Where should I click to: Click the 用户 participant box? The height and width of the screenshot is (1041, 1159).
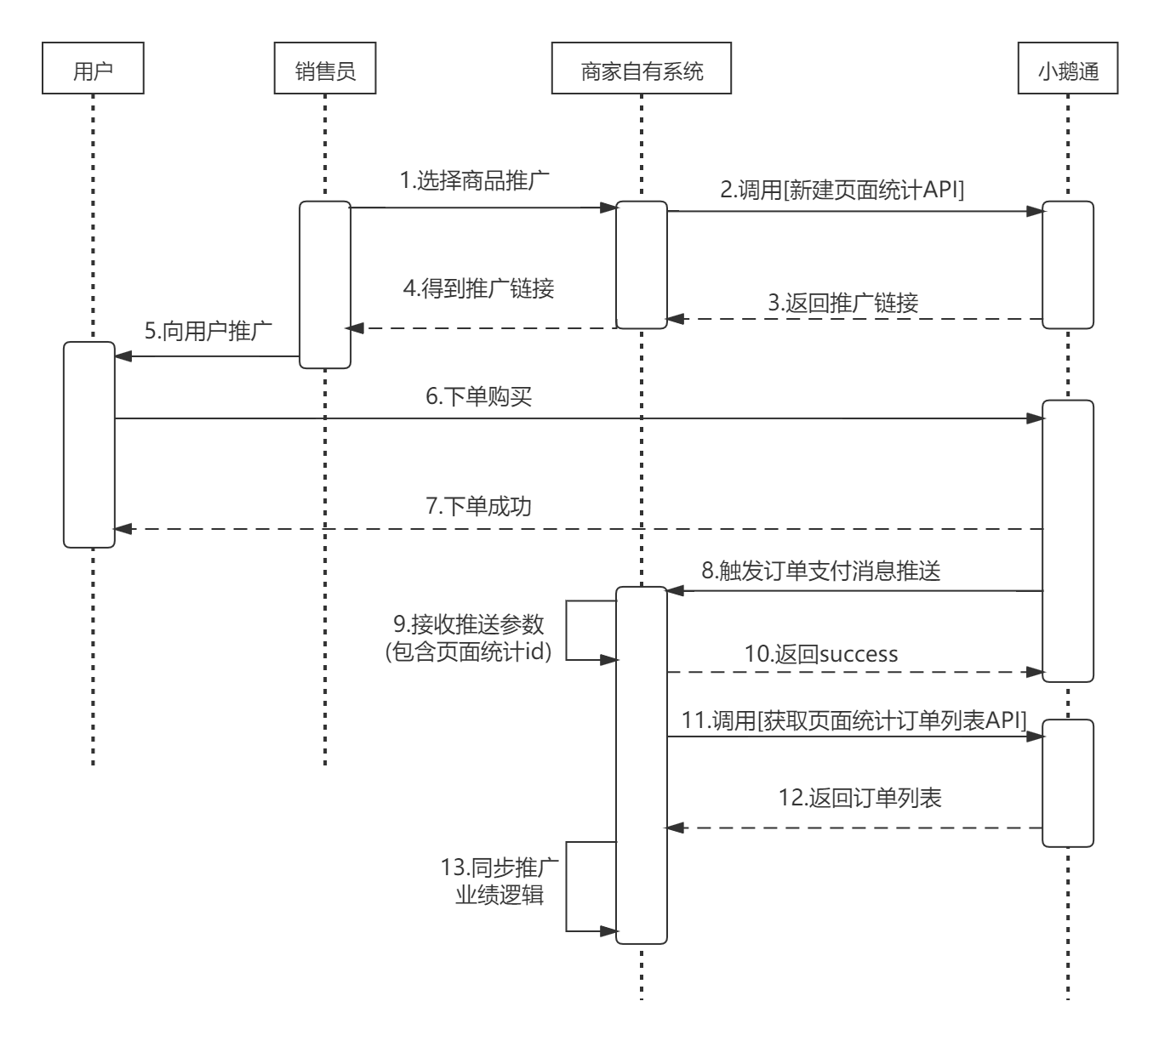(x=93, y=71)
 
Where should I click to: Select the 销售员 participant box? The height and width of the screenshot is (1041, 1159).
(x=324, y=71)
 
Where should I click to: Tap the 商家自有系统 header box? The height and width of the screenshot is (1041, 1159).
(x=642, y=71)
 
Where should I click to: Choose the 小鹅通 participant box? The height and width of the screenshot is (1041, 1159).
(x=1068, y=71)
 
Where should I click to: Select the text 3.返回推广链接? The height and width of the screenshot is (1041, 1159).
(x=842, y=302)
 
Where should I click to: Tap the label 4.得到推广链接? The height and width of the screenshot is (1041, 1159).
(x=478, y=288)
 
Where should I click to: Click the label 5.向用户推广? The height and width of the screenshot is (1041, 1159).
(x=208, y=331)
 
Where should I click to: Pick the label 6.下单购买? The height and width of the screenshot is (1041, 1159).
(x=478, y=396)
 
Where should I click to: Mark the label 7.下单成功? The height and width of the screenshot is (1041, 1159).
(x=478, y=507)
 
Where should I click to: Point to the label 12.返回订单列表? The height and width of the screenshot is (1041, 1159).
(x=860, y=798)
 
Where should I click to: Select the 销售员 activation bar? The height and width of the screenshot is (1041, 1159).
(x=324, y=285)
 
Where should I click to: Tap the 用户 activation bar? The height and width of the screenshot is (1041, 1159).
(x=88, y=444)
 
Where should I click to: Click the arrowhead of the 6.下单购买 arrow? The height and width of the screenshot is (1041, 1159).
(x=1036, y=418)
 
